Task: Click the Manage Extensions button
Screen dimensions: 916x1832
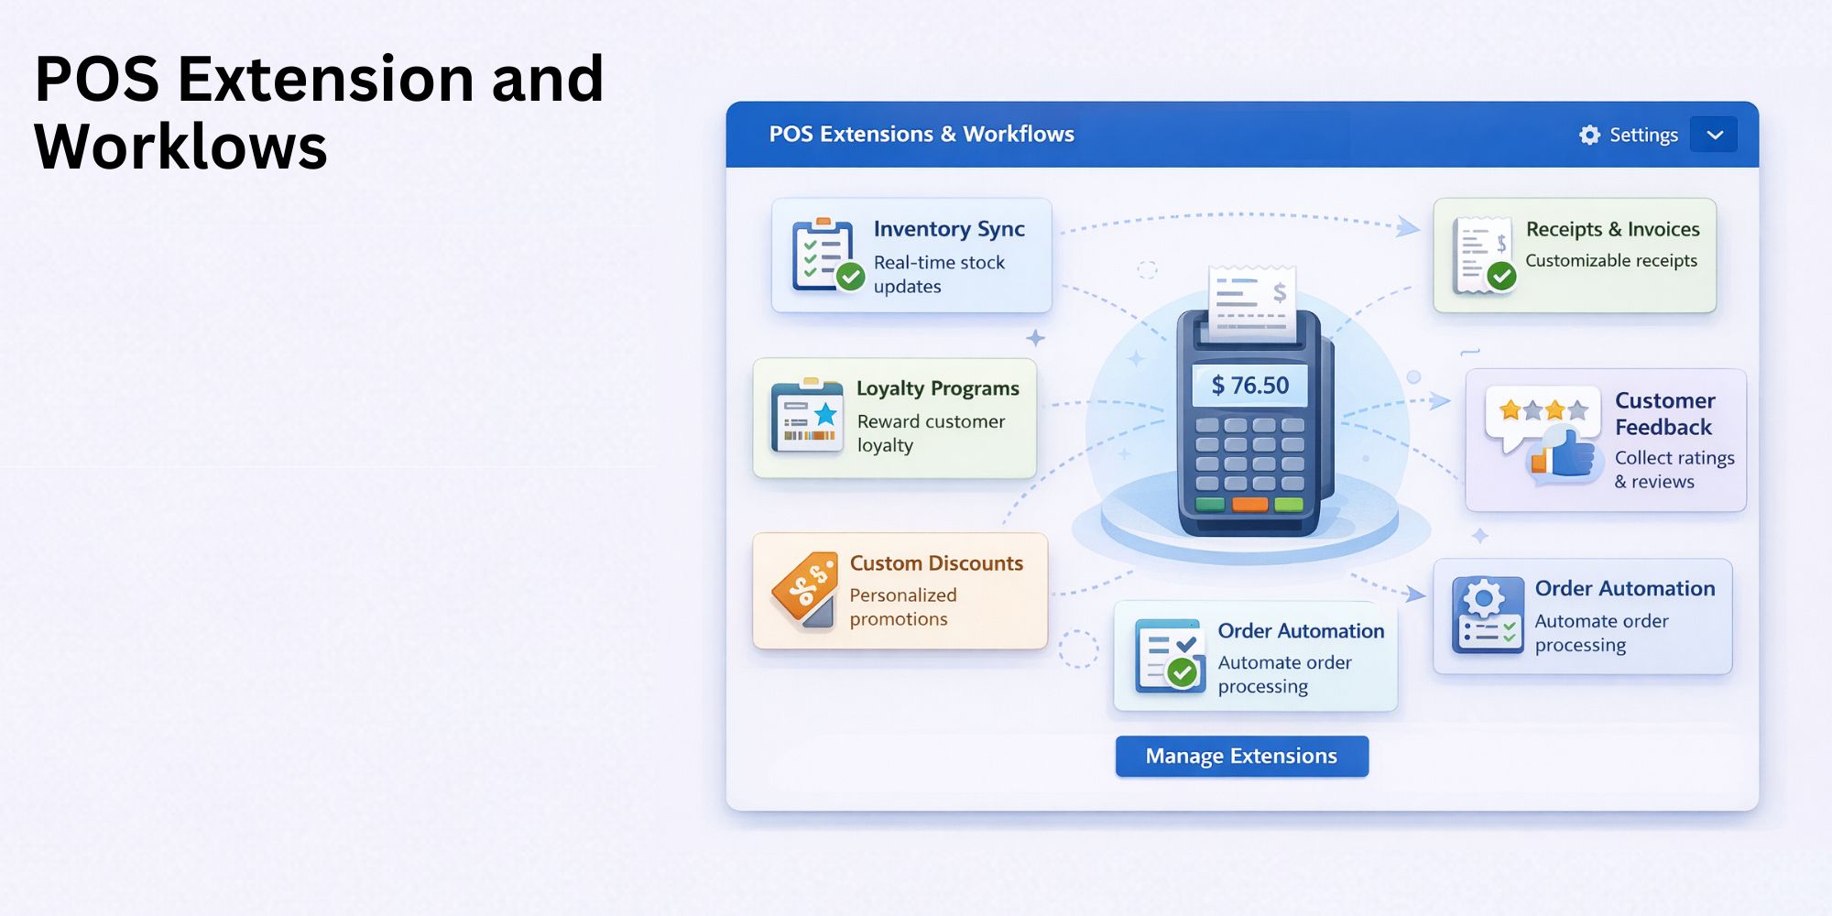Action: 1241,757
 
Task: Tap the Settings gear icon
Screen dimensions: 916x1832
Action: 1589,136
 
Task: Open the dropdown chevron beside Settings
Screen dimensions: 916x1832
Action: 1715,136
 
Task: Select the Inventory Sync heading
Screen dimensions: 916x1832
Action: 949,229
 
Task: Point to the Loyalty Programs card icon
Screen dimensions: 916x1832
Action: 807,417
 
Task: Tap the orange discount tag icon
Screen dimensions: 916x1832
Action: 805,589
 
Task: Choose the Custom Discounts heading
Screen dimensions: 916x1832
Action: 936,563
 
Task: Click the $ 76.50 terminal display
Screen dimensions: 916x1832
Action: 1250,386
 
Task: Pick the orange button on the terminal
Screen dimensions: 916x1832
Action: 1249,504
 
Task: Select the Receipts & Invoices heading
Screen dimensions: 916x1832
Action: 1612,229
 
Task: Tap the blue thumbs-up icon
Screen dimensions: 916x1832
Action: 1568,453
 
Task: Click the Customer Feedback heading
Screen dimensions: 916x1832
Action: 1664,414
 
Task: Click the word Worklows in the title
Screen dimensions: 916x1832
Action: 180,147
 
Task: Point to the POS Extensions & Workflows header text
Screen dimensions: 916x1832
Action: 921,135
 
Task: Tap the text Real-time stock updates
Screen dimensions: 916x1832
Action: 939,275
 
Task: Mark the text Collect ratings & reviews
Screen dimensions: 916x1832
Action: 1674,470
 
